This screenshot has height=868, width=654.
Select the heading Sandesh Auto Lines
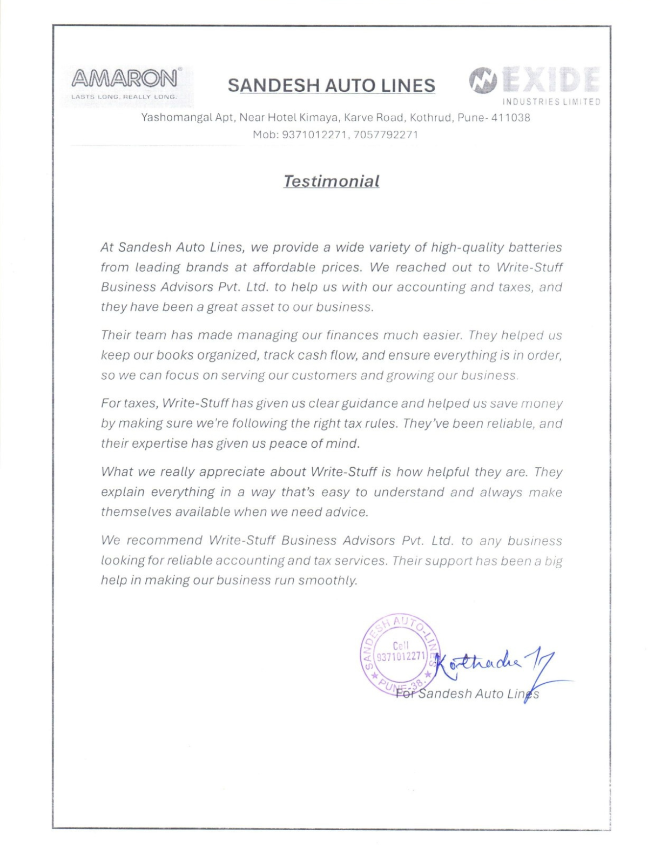click(331, 85)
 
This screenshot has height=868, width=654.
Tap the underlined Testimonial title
click(331, 181)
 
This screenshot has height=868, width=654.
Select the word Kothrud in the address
click(430, 118)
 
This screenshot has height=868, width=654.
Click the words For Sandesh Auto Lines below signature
click(468, 694)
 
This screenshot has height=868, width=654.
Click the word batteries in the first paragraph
click(535, 247)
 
